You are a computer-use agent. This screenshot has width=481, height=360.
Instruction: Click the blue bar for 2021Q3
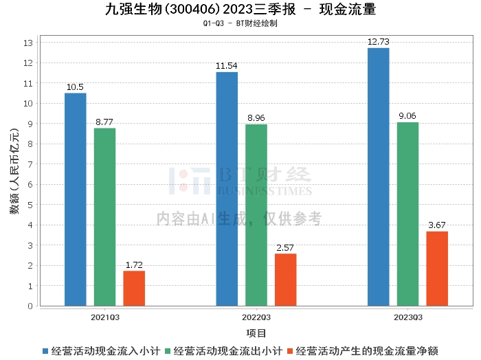[x=76, y=199]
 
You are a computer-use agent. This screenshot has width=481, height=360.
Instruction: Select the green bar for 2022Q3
[x=256, y=215]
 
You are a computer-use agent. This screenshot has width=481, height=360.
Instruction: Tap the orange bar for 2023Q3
[x=437, y=269]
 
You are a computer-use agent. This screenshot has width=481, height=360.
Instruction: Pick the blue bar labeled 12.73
[x=379, y=177]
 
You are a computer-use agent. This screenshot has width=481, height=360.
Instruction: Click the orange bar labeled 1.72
[x=134, y=289]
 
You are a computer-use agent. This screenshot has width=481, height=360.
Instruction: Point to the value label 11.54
[x=226, y=66]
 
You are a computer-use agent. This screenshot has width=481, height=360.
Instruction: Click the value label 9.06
[x=407, y=116]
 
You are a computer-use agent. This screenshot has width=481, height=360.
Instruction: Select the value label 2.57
[x=285, y=248]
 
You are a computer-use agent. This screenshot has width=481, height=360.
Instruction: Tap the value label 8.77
[x=104, y=122]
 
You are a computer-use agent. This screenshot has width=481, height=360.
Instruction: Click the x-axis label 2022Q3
[x=256, y=317]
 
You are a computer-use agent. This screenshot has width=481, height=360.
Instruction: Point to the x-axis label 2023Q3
[x=408, y=317]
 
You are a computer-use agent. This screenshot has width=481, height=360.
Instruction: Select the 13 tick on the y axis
[x=28, y=43]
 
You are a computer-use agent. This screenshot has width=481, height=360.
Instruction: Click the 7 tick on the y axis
[x=30, y=164]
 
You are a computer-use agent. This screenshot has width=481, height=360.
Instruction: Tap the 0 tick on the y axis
[x=30, y=306]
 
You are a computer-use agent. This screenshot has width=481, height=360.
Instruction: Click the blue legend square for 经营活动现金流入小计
[x=45, y=351]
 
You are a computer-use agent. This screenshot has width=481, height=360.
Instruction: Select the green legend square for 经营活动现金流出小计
[x=168, y=351]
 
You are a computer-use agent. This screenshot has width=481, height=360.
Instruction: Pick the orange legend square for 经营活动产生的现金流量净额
[x=289, y=351]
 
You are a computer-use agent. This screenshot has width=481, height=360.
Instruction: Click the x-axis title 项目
[x=256, y=333]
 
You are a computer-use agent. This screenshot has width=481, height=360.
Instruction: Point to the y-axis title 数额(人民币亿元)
[x=14, y=171]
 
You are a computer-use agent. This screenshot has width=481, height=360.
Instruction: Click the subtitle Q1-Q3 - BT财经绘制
[x=240, y=23]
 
